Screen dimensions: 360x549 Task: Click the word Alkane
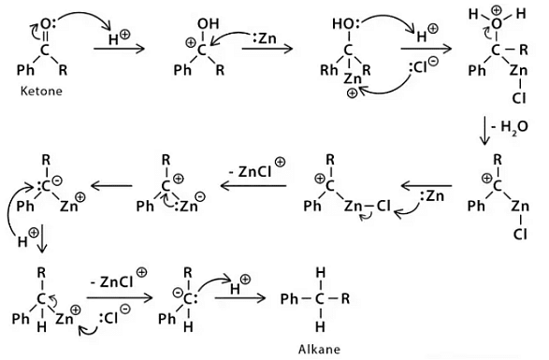(x=320, y=351)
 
